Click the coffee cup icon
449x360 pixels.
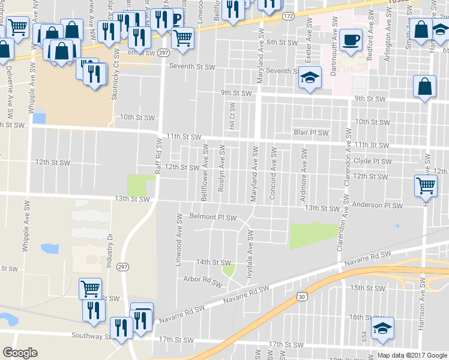coord(351,40)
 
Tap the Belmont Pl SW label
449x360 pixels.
coord(214,216)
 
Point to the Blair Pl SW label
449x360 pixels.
coord(311,132)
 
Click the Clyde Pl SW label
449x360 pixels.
coord(373,161)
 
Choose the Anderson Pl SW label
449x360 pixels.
coord(378,206)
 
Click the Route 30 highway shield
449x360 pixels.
coord(301,296)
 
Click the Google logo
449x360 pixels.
coord(20,353)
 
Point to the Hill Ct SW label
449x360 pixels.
coord(232,116)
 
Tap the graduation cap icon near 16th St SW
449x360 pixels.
coord(382,328)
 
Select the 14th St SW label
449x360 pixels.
coord(213,263)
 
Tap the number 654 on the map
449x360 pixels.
coord(364,334)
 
